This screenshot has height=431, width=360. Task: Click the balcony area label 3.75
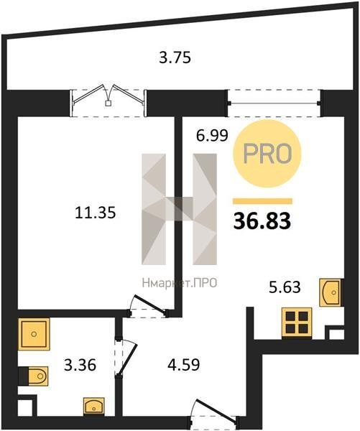click(x=175, y=58)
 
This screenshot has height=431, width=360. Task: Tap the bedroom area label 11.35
click(x=95, y=213)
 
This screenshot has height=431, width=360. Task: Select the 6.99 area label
click(x=212, y=136)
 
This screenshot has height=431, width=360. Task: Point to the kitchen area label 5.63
click(x=285, y=288)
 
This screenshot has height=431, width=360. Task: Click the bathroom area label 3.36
click(x=80, y=366)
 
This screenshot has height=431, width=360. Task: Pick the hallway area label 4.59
click(x=184, y=366)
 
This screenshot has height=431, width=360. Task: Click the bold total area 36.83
click(x=262, y=221)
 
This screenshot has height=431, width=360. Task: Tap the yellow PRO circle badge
click(x=267, y=154)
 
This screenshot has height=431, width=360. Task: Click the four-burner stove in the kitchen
click(x=297, y=323)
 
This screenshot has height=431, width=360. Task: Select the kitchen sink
click(x=330, y=292)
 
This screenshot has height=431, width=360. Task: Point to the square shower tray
click(x=34, y=334)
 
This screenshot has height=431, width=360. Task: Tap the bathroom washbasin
click(x=94, y=405)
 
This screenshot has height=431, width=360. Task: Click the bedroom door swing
click(x=149, y=306)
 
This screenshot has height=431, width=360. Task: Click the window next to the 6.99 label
click(x=274, y=103)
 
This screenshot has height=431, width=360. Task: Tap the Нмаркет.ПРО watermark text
click(x=180, y=283)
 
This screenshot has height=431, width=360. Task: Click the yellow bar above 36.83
click(x=262, y=201)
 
